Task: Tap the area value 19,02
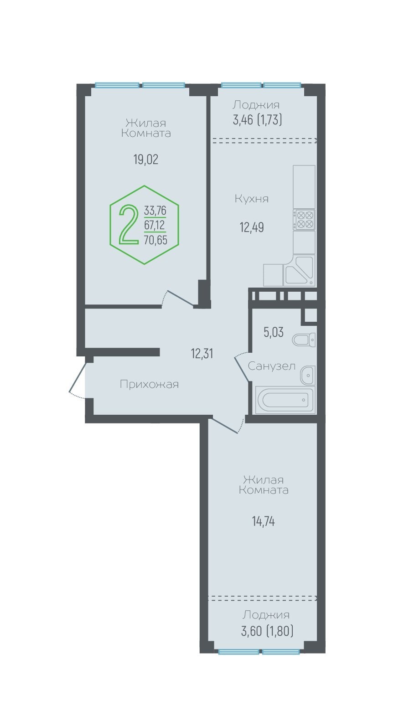click(146, 159)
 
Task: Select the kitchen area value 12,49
click(252, 227)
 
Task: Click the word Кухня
click(252, 199)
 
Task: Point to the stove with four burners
click(304, 220)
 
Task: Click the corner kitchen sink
click(299, 270)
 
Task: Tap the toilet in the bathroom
click(304, 340)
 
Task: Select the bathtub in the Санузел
click(285, 400)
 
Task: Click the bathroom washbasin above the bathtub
click(307, 375)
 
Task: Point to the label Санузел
click(271, 366)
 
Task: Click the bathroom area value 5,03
click(274, 332)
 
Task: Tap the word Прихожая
click(149, 384)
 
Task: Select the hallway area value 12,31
click(202, 354)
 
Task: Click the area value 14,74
click(264, 521)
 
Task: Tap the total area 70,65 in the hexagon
click(155, 240)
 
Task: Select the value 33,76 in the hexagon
click(155, 210)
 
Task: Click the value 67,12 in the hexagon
click(155, 225)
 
